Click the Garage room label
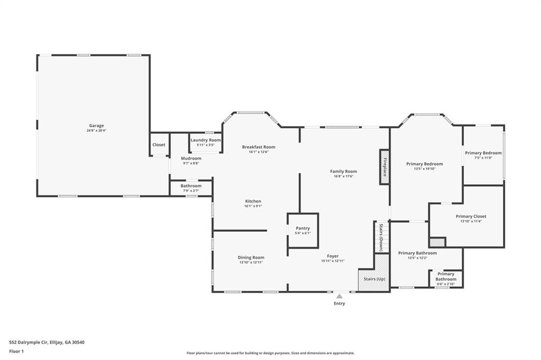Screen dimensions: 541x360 96,126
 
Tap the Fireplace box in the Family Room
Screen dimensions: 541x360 385,167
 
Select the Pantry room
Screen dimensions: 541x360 303,230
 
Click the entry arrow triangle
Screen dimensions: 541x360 340,296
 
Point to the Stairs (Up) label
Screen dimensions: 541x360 375,279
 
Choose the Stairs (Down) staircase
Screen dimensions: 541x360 381,237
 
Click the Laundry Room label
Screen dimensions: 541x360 206,140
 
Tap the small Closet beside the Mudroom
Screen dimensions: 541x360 158,145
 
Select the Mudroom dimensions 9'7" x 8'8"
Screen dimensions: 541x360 191,163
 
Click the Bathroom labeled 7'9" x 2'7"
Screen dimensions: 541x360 191,188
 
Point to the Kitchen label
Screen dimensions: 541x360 253,201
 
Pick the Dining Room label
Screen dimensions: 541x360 251,257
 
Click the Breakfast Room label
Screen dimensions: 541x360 258,147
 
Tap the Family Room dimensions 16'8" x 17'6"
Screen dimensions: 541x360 343,176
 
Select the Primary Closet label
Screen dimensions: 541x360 471,216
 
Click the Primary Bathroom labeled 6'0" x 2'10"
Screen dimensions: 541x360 446,279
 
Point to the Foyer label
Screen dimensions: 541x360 333,256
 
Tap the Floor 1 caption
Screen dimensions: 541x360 16,352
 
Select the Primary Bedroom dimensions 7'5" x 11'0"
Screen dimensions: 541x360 483,158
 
